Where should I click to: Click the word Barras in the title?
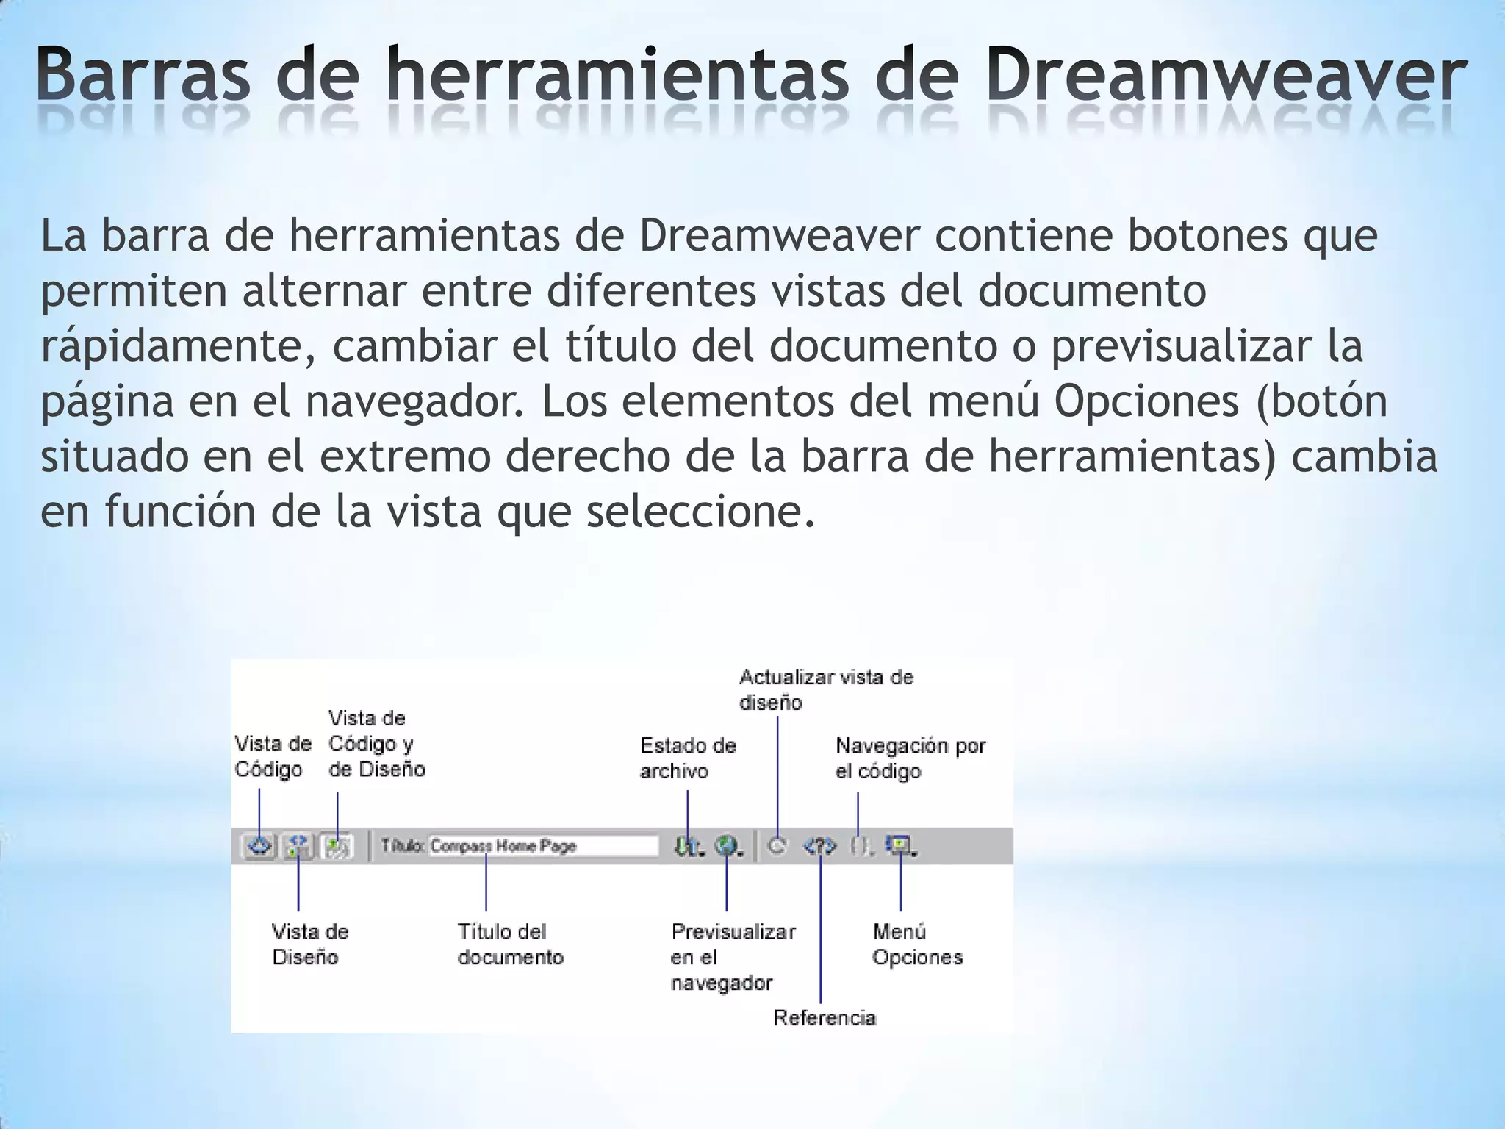tap(143, 76)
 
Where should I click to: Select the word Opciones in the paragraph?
tap(1146, 401)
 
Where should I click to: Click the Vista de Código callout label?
tap(273, 756)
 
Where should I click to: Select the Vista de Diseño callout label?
tap(309, 945)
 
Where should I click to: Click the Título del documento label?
tap(510, 945)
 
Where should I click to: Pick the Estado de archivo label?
tap(687, 758)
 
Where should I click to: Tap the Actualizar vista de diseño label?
tap(825, 689)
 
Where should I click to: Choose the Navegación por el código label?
tap(910, 758)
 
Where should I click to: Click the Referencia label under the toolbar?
tap(825, 1018)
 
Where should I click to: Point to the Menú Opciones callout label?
tap(916, 945)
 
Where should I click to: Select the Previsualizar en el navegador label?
tap(732, 957)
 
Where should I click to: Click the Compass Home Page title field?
tap(543, 846)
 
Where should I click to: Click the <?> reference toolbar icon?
tap(819, 847)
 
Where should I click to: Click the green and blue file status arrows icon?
tap(686, 847)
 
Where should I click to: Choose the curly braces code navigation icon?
tap(859, 847)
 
